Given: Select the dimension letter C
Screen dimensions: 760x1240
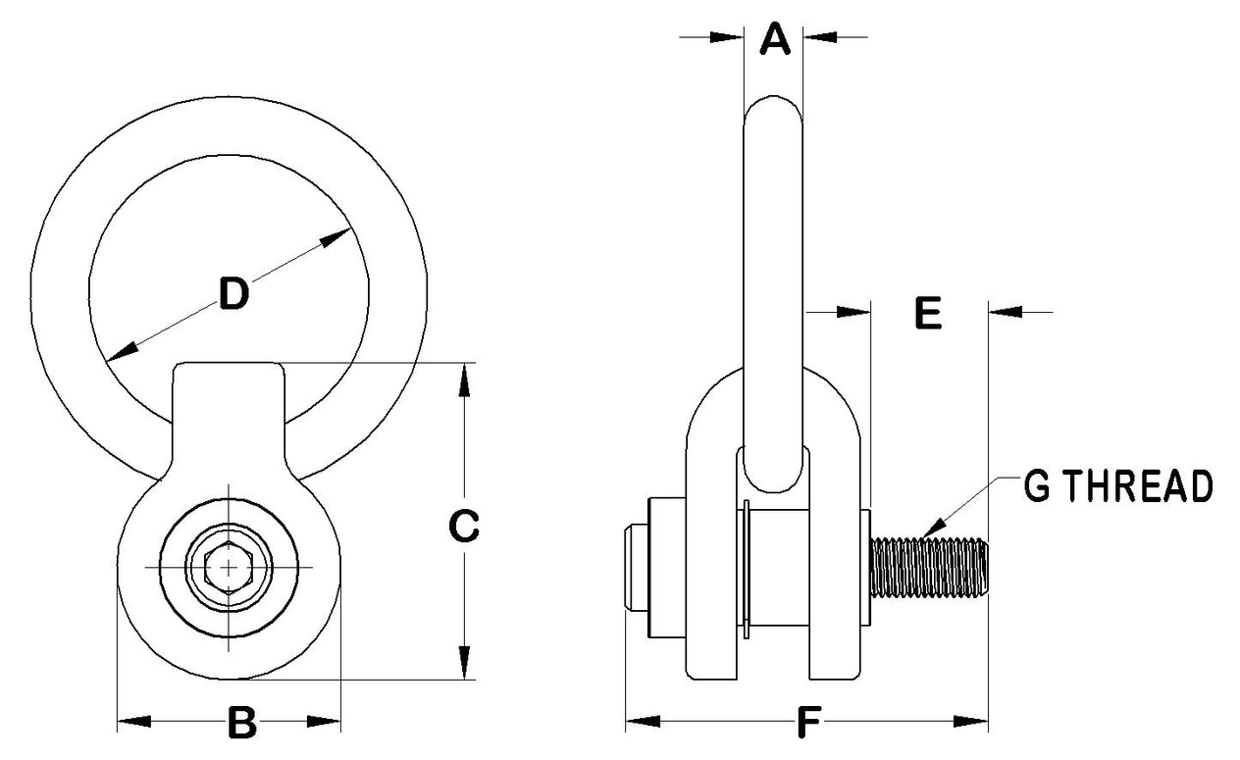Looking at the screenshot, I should [x=463, y=527].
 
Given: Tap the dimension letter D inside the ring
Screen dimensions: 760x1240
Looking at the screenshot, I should [x=232, y=293].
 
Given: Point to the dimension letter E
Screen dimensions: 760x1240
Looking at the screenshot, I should [x=926, y=313].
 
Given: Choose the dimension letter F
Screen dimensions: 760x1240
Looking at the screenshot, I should [x=806, y=724].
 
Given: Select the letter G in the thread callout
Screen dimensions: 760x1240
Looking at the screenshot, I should [x=1038, y=486].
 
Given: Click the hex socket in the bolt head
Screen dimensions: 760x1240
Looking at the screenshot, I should [x=229, y=568].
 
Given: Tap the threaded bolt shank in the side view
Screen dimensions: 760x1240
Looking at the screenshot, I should [x=927, y=568].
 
